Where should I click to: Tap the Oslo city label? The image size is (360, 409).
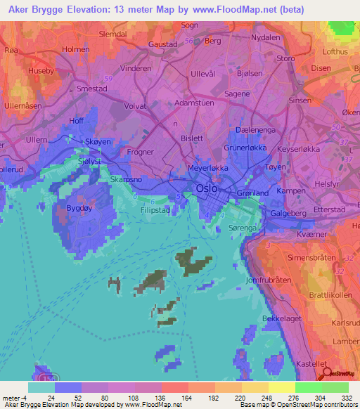tap(207, 189)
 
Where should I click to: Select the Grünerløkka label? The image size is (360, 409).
tap(225, 148)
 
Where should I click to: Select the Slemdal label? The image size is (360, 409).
tap(112, 33)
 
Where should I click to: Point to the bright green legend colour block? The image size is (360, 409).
tap(309, 387)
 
